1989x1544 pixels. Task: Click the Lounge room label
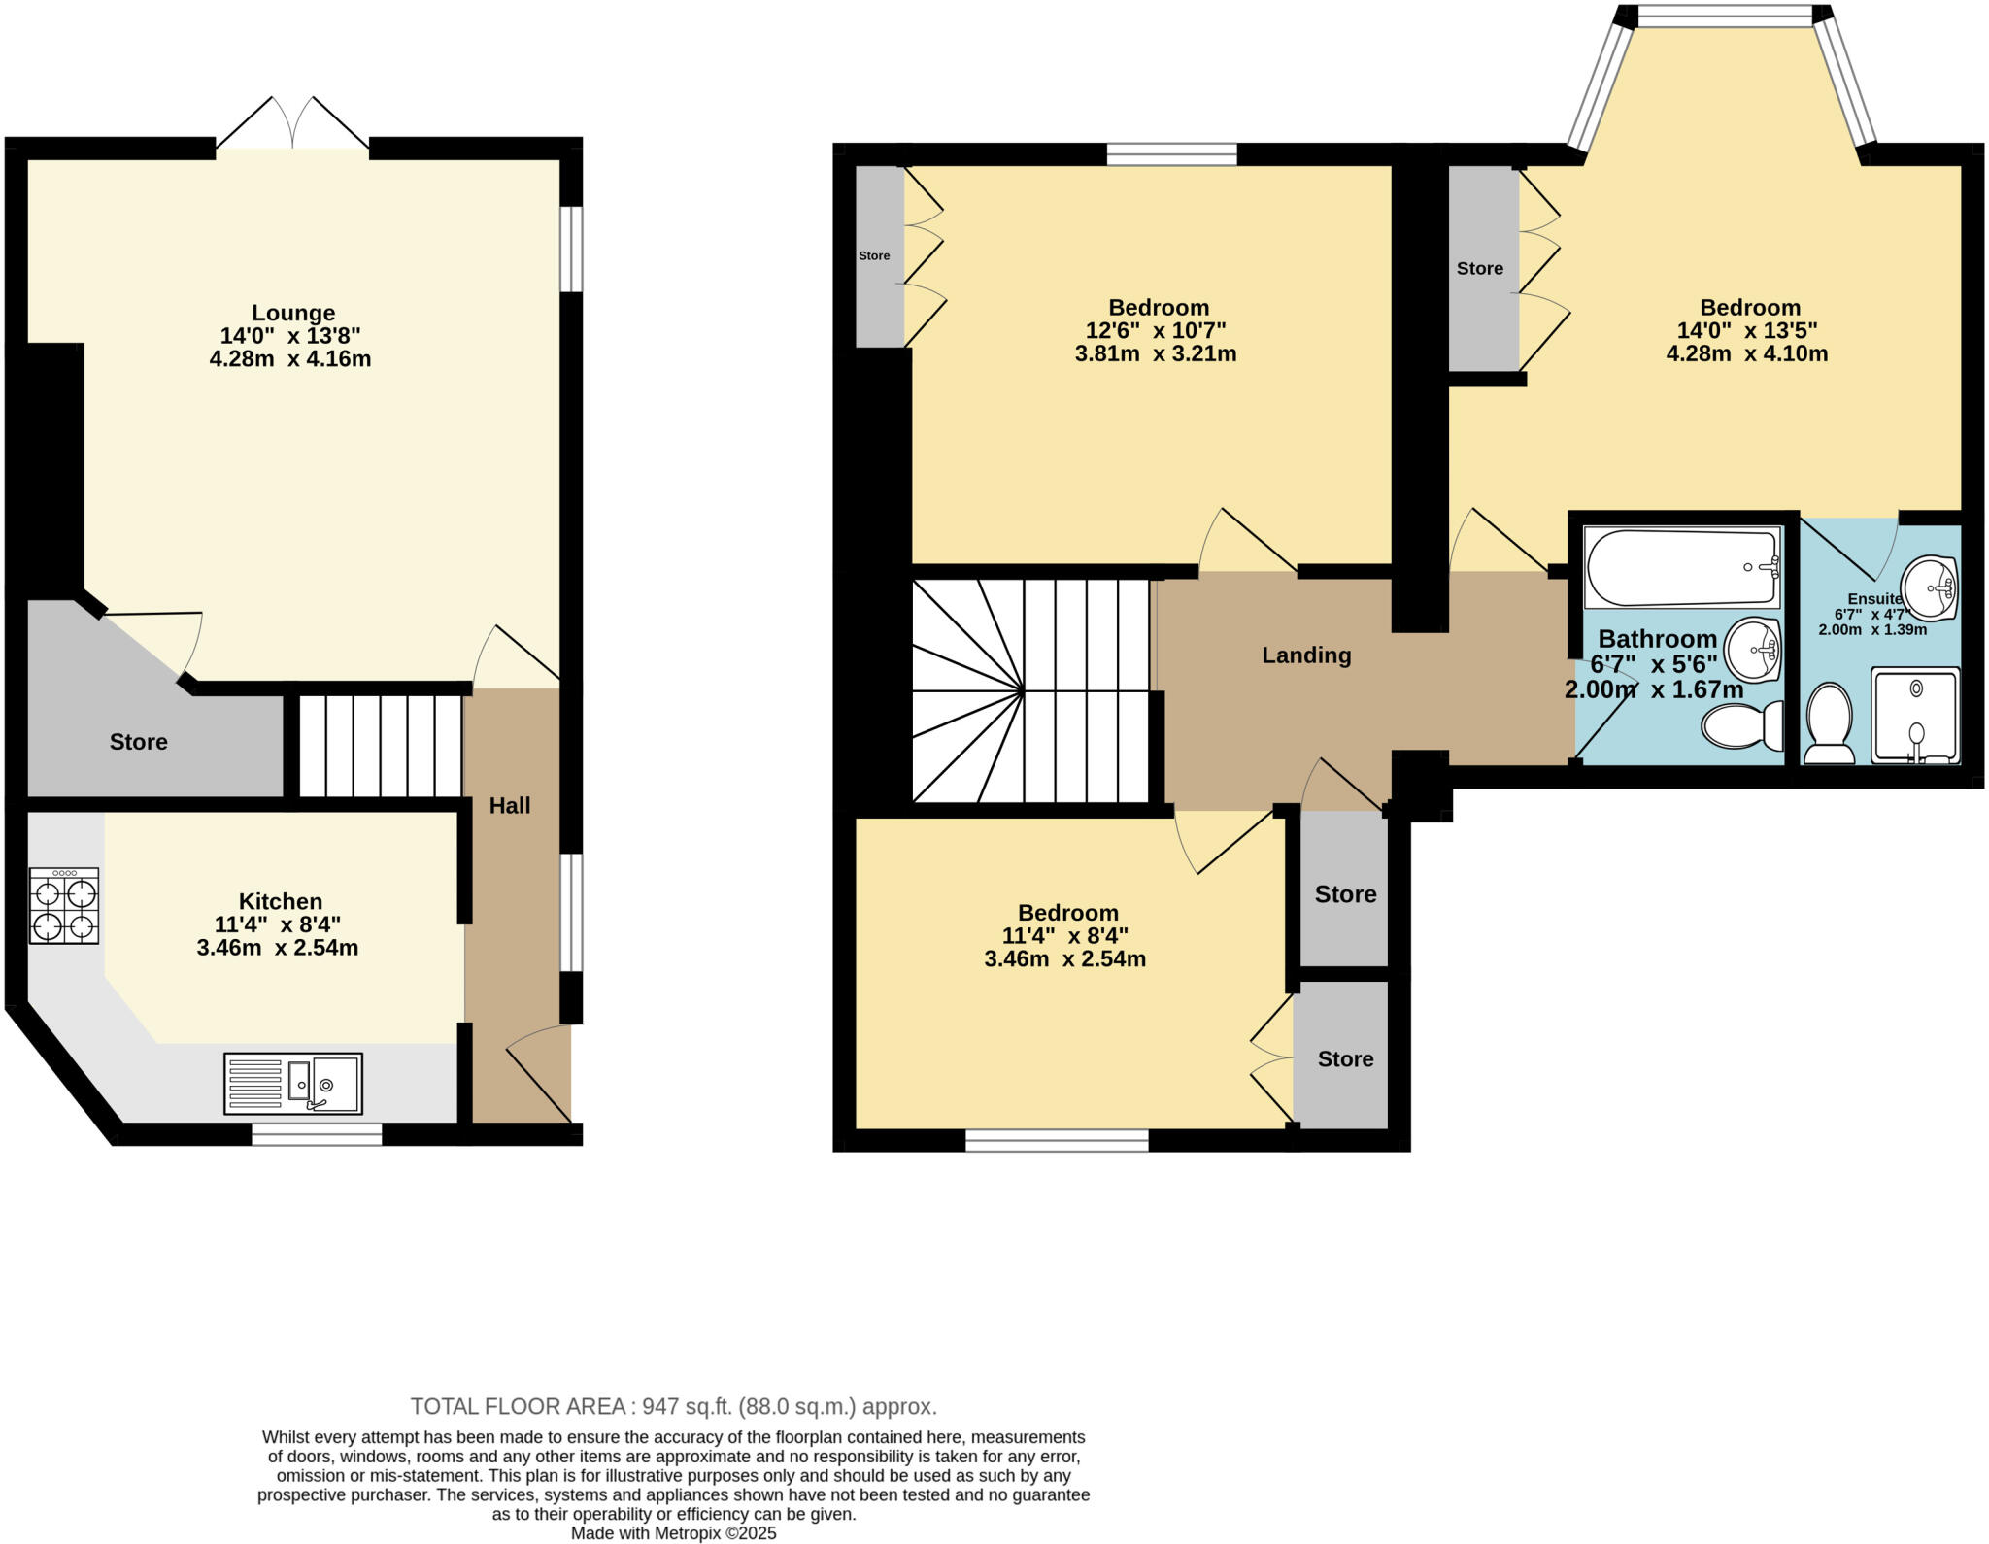tap(292, 313)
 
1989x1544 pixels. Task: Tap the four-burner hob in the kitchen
tap(64, 905)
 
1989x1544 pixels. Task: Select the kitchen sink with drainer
tap(292, 1083)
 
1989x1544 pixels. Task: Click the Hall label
tap(509, 805)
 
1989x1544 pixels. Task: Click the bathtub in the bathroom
tap(1681, 567)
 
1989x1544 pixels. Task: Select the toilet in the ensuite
tap(1829, 723)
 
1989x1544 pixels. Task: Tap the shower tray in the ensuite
tap(1914, 715)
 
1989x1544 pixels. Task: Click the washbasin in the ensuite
tap(1928, 587)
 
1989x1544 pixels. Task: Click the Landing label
tap(1305, 655)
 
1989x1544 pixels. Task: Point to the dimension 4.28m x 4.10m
tap(1746, 353)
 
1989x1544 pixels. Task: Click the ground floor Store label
tap(138, 742)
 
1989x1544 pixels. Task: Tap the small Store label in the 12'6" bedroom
tap(874, 255)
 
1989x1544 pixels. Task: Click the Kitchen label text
tap(280, 901)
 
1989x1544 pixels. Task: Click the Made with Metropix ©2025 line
tap(673, 1533)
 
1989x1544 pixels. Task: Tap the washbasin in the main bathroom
tap(1753, 650)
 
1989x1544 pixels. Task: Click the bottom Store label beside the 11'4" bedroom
tap(1345, 1058)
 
